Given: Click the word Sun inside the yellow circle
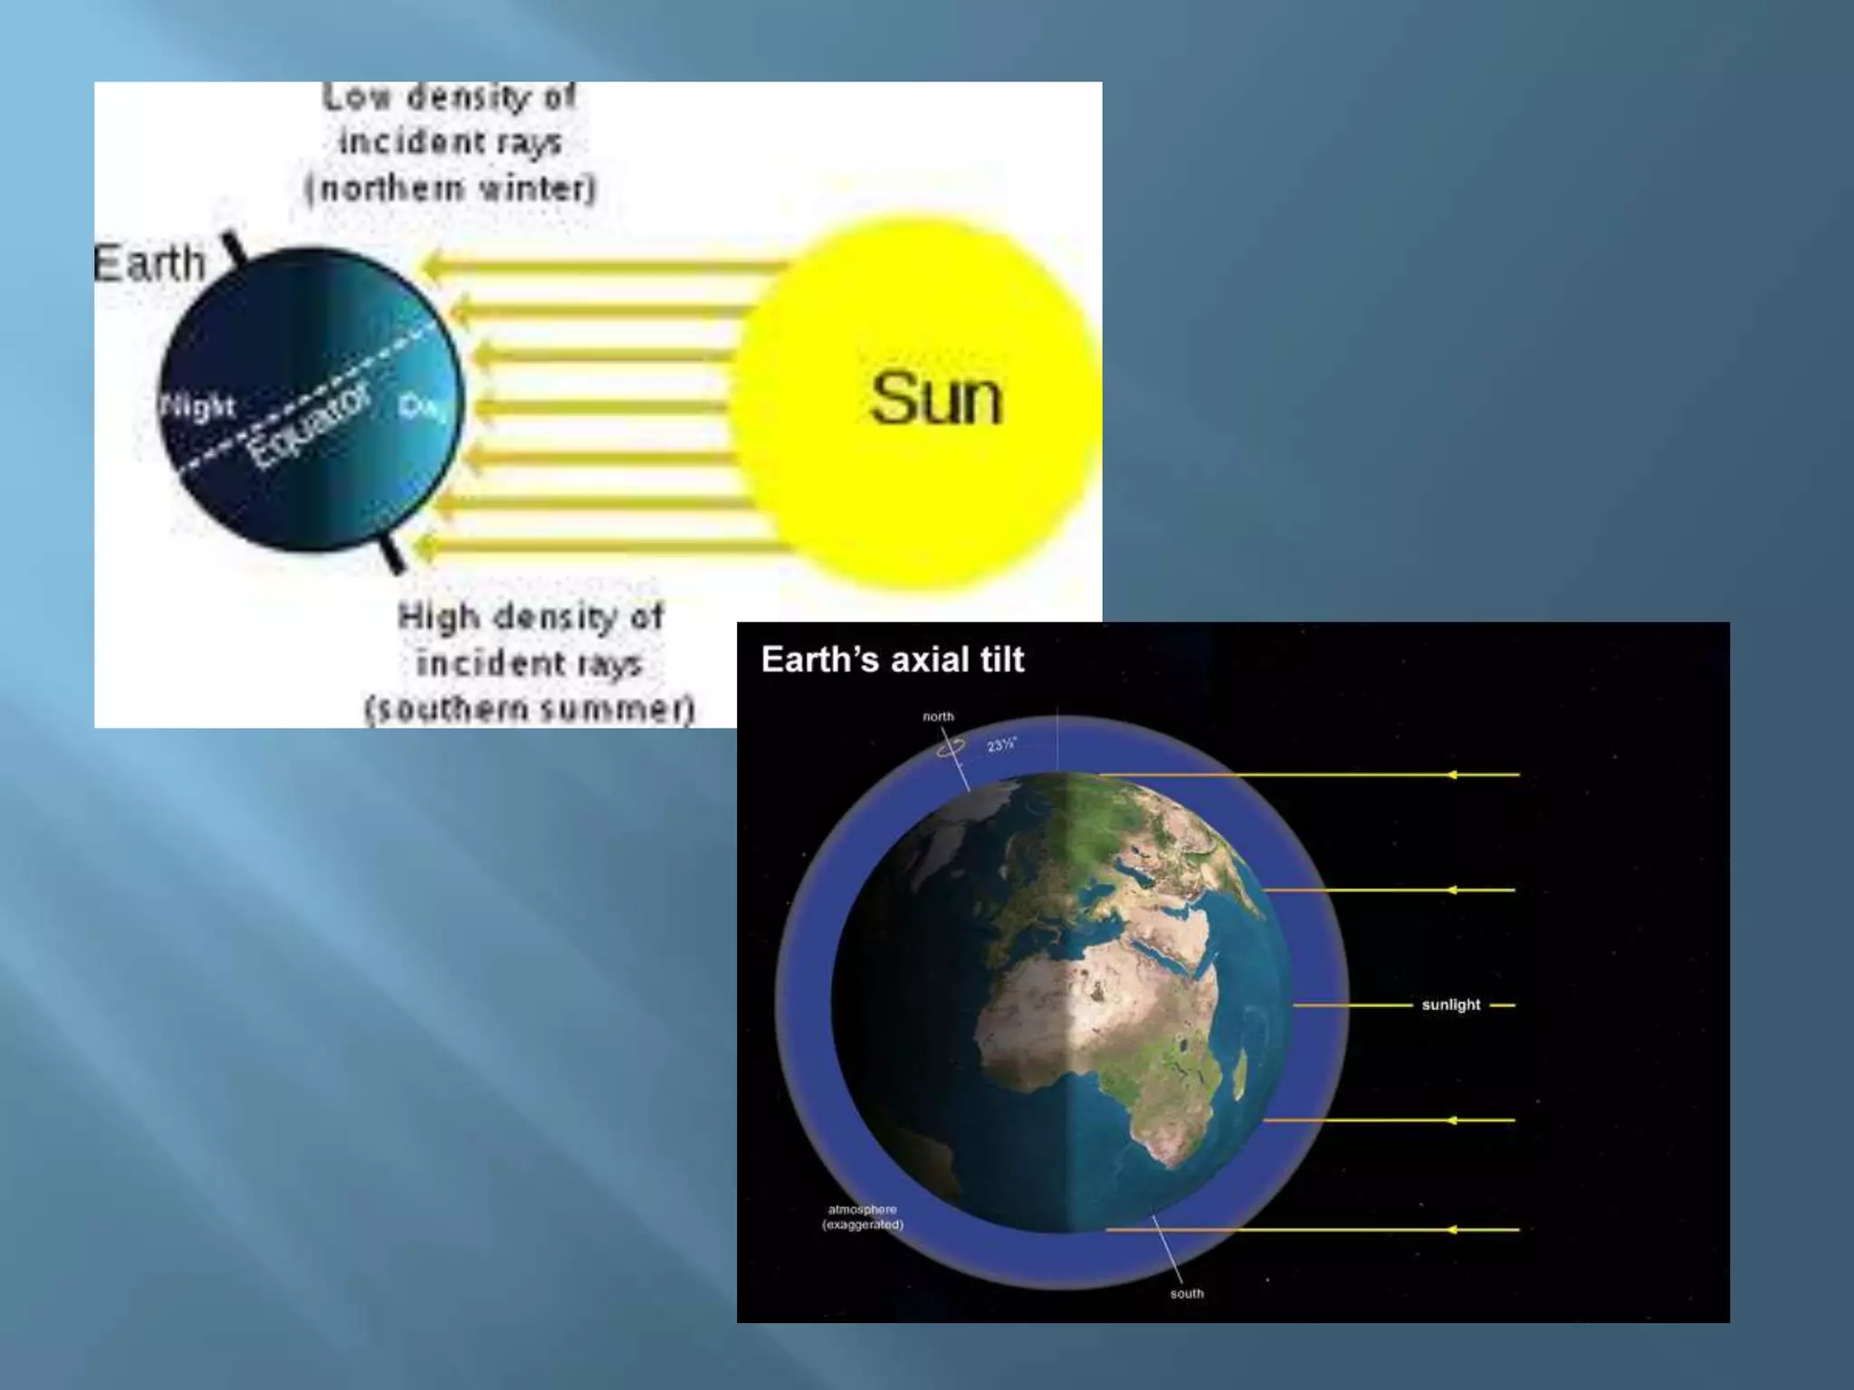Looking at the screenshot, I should coord(936,398).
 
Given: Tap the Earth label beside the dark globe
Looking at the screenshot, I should coord(150,263).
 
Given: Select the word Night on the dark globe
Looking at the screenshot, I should coord(198,406).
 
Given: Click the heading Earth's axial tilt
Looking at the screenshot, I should coord(893,660).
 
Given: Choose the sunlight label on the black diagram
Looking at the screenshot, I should coord(1450,1004).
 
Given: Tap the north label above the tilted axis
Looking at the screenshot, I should coord(938,717).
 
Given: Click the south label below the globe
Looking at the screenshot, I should coord(1187,1293).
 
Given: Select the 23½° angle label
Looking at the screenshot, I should coord(1001,745).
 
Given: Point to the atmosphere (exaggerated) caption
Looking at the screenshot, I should coord(863,1217).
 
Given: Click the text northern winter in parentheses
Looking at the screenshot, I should coord(451,188).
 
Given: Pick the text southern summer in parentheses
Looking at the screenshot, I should coord(530,708).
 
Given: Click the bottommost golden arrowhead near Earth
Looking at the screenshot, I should coord(422,546).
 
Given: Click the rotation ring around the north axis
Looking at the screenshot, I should coord(950,747).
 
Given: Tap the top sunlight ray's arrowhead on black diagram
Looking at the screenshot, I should coord(1451,775).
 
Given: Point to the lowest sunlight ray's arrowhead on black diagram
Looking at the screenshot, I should coord(1451,1230).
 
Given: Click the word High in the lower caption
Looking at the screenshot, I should coord(438,617).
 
